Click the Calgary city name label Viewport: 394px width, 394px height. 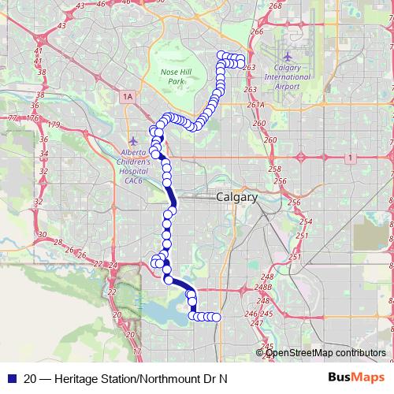coord(236,198)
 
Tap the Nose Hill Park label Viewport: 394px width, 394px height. coord(172,76)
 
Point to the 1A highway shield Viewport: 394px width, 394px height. coord(128,96)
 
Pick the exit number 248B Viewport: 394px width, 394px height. coord(266,288)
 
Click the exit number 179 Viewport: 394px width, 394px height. coord(54,125)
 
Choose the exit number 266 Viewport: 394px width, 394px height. coord(256,32)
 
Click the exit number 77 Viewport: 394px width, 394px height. coord(11,117)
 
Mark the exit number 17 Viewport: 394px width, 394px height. coord(137,350)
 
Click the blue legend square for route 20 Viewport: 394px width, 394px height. coord(9,377)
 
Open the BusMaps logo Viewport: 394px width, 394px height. coord(362,377)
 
